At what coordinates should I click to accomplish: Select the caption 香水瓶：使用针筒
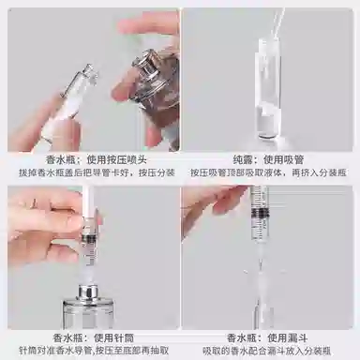pos(90,335)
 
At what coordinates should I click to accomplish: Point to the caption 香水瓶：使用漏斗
pos(270,335)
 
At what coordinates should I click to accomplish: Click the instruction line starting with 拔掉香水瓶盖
pos(90,172)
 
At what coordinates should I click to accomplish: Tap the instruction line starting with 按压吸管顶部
pos(270,172)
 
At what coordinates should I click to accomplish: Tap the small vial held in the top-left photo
pos(70,108)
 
